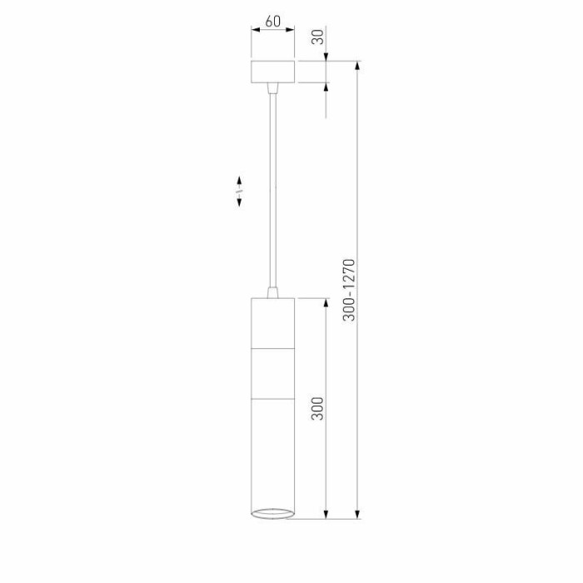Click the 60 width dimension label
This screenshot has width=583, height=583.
273,21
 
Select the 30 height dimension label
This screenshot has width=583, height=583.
317,37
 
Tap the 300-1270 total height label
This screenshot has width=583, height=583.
349,290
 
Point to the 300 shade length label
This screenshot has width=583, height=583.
317,409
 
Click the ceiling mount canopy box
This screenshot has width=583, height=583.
273,72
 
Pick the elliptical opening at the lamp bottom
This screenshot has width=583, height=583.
273,513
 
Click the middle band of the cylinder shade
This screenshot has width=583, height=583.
273,374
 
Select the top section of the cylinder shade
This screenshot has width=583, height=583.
273,323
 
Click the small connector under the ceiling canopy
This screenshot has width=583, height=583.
273,88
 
